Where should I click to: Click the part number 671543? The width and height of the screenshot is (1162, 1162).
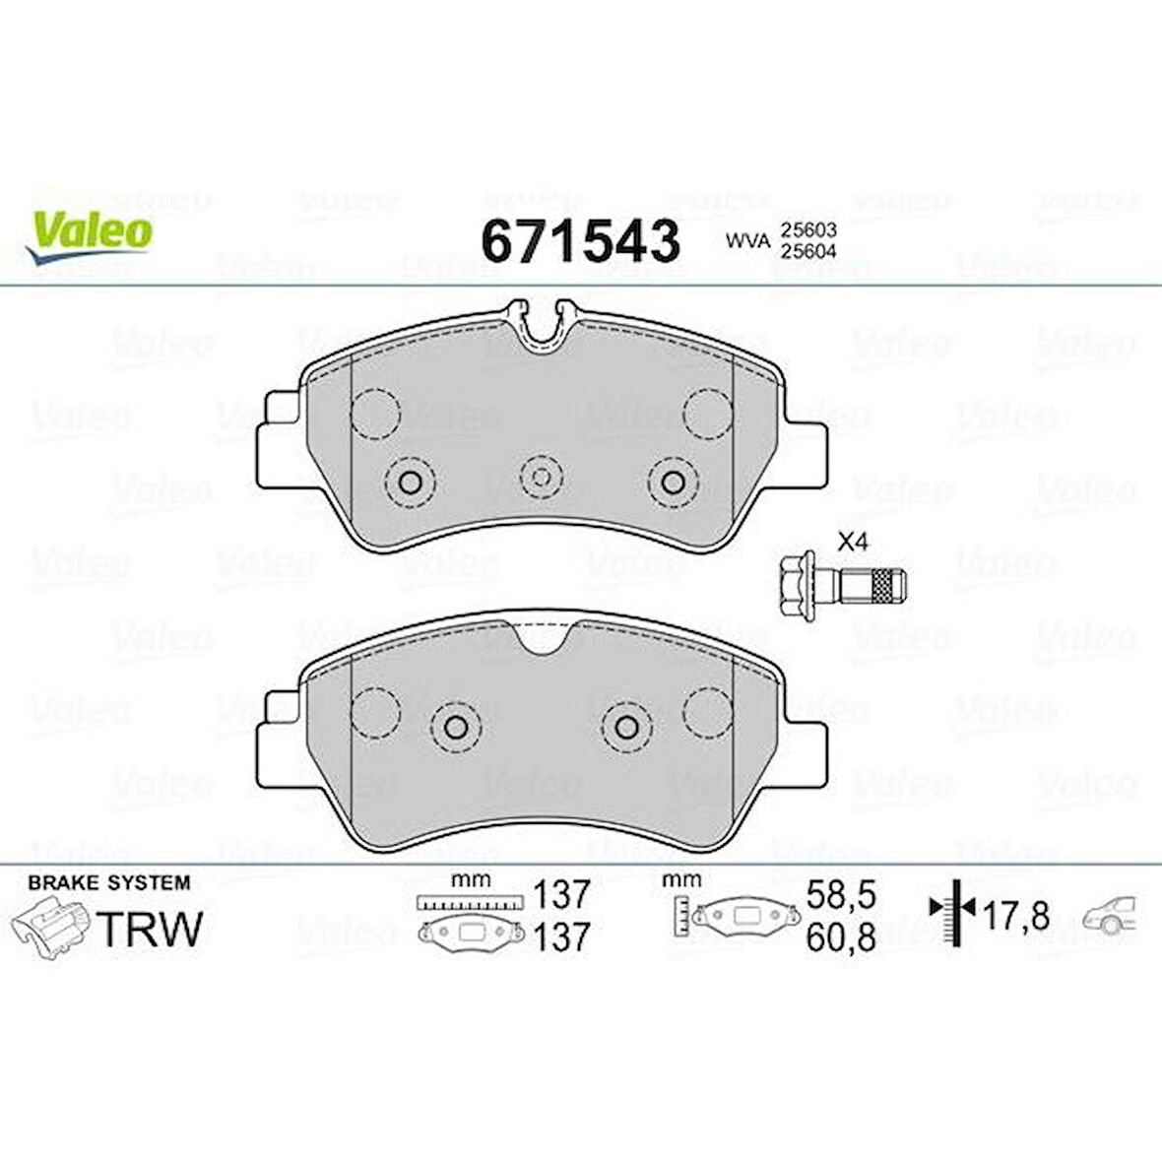tap(580, 240)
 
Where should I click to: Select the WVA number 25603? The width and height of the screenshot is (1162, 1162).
tap(807, 229)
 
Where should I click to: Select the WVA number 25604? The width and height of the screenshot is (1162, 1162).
tap(807, 250)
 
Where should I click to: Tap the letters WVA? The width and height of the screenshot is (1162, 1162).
tap(746, 240)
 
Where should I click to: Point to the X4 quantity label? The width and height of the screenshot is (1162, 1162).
tap(852, 541)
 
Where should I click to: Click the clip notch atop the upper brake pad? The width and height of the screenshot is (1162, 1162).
tap(540, 327)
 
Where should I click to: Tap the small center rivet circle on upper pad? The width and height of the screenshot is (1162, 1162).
tap(540, 476)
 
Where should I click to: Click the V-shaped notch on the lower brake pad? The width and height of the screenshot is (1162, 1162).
tap(540, 640)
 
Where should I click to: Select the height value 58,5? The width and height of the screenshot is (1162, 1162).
tap(840, 895)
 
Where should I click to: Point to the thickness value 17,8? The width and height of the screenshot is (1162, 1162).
tap(1015, 917)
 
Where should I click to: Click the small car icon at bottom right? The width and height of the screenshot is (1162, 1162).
tap(1112, 915)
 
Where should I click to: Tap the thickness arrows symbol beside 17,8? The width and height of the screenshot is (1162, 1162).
tap(952, 911)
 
